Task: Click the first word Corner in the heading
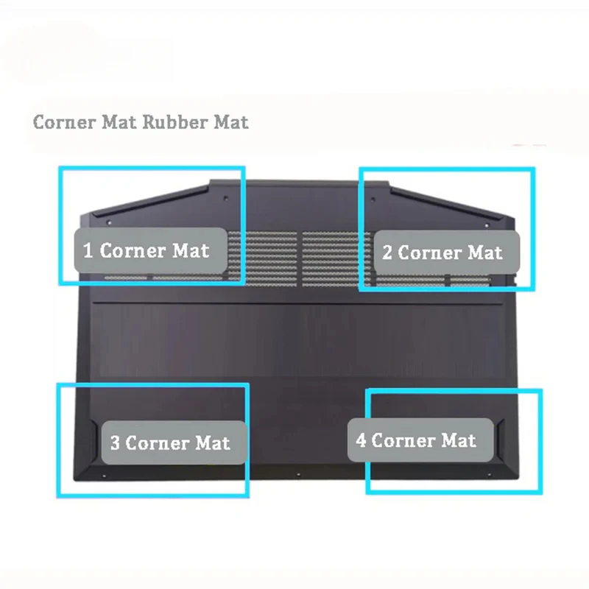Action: coord(64,122)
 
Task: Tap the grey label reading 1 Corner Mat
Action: coord(151,250)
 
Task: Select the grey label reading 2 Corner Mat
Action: coord(447,252)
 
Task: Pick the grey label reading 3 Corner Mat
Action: coord(174,442)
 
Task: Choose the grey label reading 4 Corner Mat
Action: coord(420,440)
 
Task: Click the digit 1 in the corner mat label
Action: coord(88,250)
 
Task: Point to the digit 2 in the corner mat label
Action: coord(387,253)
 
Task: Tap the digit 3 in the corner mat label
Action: coord(115,443)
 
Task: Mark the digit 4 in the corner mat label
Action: coord(361,440)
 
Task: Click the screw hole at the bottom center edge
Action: coord(298,475)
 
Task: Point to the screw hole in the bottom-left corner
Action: coord(104,476)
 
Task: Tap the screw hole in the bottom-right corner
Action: coord(489,475)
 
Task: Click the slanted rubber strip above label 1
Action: coord(151,201)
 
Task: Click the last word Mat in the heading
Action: coord(231,122)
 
